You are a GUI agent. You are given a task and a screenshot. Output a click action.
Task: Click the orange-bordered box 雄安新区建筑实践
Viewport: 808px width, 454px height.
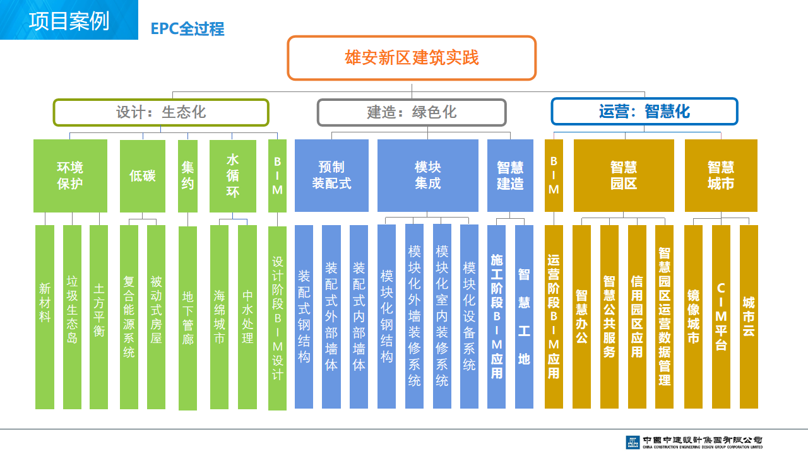point(412,57)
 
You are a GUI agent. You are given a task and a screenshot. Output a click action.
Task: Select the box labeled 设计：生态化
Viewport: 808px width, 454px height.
point(161,112)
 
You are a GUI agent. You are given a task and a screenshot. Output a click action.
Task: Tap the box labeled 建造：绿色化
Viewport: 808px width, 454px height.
point(412,112)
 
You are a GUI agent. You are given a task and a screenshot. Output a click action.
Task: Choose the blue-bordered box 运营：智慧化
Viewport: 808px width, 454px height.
point(645,112)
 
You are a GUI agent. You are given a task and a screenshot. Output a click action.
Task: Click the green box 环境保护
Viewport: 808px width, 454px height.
point(70,176)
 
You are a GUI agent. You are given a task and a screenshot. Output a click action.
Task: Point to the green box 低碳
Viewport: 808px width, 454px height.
point(143,176)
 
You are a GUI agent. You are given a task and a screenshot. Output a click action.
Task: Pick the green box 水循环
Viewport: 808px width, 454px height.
point(233,176)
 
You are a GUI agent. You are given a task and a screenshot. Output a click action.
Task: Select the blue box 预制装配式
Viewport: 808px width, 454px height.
point(331,175)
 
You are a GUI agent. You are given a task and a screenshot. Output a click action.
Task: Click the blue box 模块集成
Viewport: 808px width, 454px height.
point(428,175)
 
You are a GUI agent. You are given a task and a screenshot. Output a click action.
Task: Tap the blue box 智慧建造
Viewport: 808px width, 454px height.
point(510,175)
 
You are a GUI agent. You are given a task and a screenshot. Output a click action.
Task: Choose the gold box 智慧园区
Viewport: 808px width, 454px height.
point(624,175)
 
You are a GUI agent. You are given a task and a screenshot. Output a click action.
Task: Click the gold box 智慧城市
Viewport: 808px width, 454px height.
point(721,175)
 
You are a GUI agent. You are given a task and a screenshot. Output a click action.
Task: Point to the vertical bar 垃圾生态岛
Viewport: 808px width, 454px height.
point(72,317)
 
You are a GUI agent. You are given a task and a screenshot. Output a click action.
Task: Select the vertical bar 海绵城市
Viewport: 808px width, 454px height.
point(219,317)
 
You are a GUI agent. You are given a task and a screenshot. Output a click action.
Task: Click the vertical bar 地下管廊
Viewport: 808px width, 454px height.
point(187,318)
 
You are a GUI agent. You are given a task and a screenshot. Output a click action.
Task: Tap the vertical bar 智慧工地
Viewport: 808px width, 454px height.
point(524,317)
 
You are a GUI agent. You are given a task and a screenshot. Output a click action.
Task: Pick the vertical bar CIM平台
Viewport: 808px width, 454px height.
point(721,317)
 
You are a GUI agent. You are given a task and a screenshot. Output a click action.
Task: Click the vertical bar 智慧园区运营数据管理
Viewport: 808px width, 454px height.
point(665,317)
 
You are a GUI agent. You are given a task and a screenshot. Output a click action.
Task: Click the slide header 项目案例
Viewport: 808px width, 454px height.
point(69,21)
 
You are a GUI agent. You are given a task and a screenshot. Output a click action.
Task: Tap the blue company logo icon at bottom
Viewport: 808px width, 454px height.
point(633,442)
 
